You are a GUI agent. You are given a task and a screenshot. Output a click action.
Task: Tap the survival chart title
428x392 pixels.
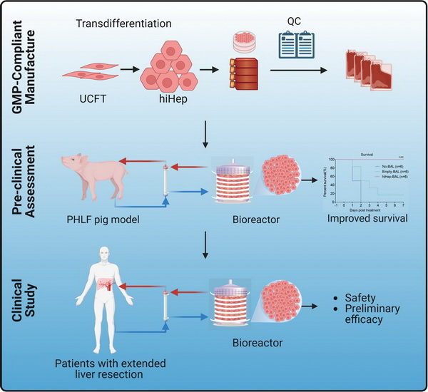coord(366,153)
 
